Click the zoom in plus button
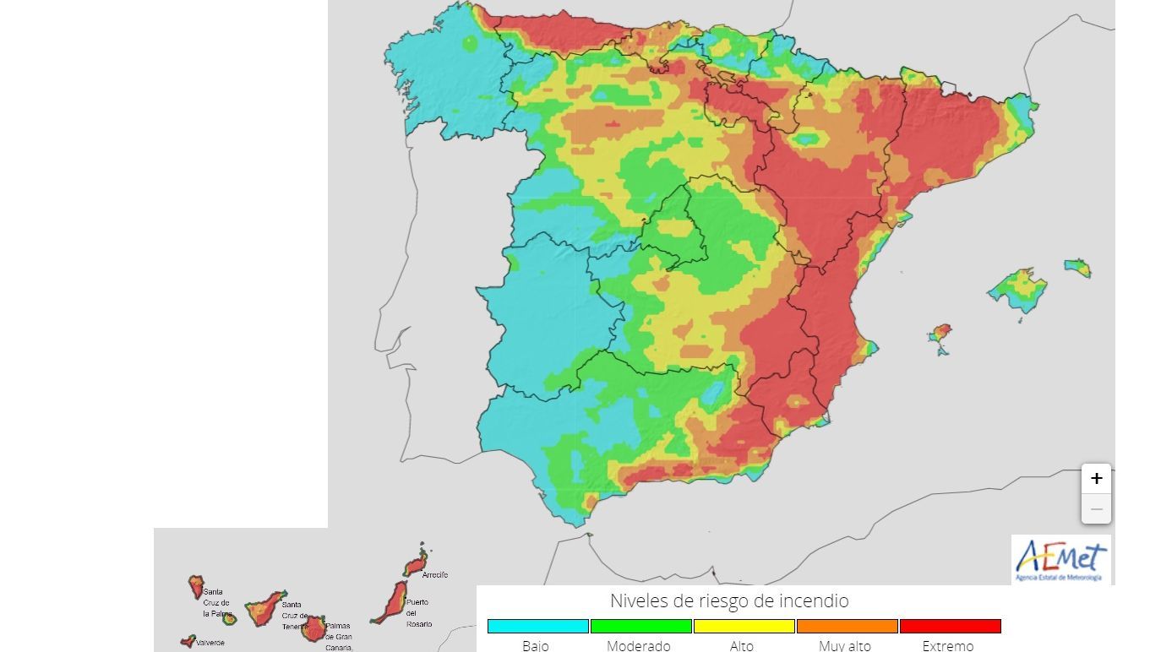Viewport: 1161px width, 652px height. click(1096, 479)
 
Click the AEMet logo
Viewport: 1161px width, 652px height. click(1061, 559)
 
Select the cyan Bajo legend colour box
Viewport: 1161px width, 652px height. click(538, 626)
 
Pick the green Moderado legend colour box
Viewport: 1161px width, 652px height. click(641, 626)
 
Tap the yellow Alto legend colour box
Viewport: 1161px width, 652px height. click(744, 626)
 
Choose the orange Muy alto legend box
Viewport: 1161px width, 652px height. click(848, 626)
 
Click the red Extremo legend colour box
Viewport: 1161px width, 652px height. click(951, 626)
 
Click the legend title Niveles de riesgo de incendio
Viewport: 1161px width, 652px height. click(729, 600)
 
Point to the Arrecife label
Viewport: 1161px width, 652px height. click(434, 575)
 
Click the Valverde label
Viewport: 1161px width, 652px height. click(210, 643)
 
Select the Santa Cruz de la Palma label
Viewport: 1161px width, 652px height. click(215, 602)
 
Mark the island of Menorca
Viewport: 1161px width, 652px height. click(1077, 269)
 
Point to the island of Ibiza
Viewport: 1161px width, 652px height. click(939, 333)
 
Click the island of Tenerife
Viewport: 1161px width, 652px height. click(265, 606)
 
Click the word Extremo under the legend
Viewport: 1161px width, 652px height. click(948, 646)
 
